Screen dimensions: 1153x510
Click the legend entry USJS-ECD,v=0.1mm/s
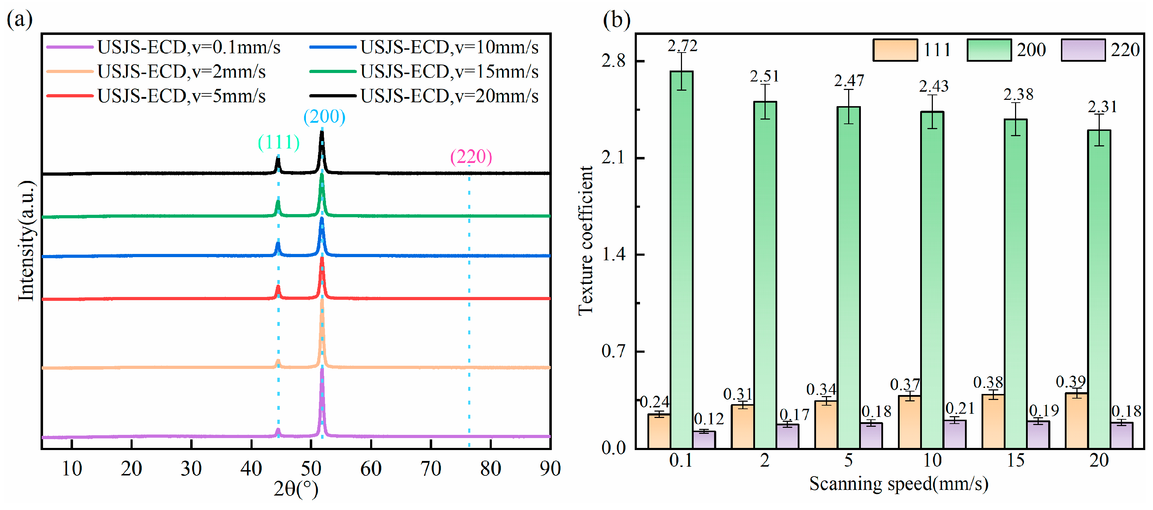[x=163, y=47]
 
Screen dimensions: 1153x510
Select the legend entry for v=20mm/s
[x=424, y=96]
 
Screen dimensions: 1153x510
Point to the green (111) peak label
[x=278, y=142]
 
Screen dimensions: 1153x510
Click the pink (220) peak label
[x=471, y=157]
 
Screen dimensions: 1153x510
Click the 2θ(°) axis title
[x=296, y=488]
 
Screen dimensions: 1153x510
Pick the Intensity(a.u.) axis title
[x=26, y=241]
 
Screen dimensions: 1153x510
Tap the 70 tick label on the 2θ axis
[x=430, y=468]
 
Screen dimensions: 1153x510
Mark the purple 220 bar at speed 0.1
[x=704, y=440]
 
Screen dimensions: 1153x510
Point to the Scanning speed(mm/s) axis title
[x=899, y=484]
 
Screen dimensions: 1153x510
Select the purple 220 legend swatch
[x=1083, y=50]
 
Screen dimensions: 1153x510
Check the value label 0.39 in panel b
[x=1071, y=382]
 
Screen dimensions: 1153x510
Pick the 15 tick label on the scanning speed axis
[x=1016, y=460]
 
